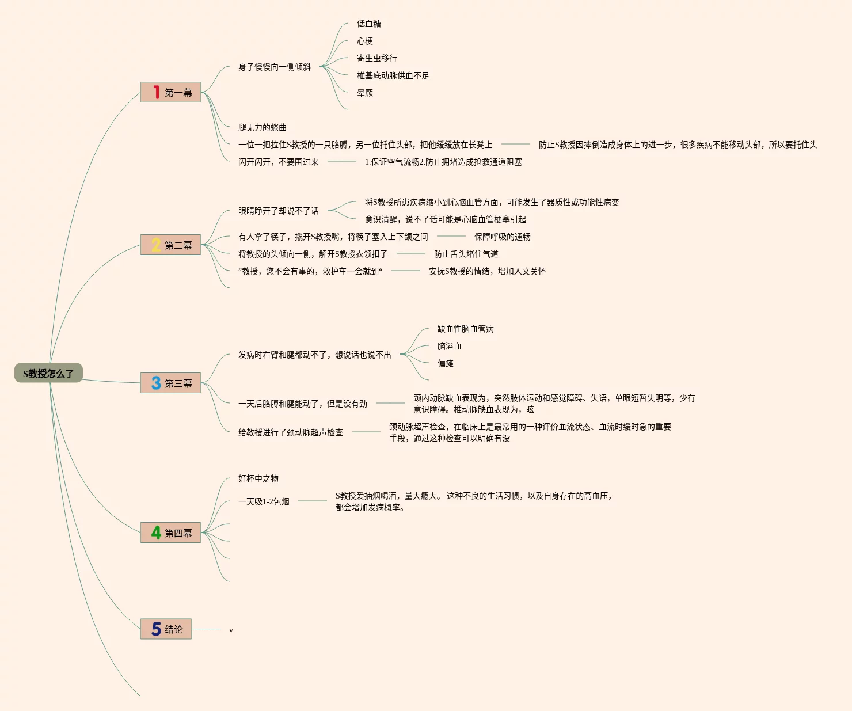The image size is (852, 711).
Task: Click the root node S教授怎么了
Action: (48, 373)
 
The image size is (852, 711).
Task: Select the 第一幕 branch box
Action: (170, 92)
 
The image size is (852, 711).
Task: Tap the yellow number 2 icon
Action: (156, 245)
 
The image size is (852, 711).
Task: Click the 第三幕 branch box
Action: (170, 383)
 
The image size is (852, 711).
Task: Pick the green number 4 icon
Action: (156, 533)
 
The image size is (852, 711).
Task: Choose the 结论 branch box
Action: (166, 629)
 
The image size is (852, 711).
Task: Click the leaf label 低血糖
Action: (368, 24)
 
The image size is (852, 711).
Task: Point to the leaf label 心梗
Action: (365, 41)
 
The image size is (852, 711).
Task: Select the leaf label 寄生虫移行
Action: (376, 58)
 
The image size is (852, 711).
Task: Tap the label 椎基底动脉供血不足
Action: (393, 75)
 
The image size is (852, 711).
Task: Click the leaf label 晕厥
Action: (365, 93)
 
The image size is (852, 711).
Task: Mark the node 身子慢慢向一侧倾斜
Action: (275, 67)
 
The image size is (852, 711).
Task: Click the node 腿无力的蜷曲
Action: (263, 127)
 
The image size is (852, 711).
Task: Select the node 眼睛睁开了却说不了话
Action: (279, 211)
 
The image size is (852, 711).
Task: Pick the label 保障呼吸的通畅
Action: (502, 237)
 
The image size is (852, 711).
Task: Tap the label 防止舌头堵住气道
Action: (466, 254)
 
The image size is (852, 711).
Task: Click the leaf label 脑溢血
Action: (449, 346)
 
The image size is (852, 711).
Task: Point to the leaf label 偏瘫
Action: (445, 363)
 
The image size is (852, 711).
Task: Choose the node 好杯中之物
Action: (258, 478)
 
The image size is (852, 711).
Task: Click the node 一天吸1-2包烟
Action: (264, 501)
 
